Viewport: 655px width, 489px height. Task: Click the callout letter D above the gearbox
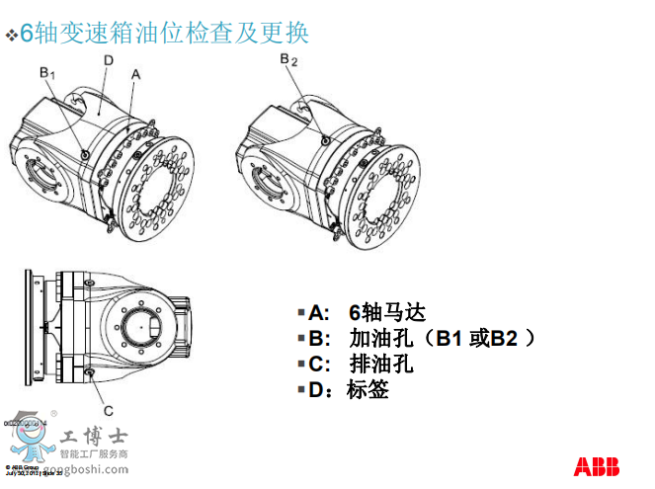point(108,60)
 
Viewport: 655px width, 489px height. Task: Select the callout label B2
point(288,61)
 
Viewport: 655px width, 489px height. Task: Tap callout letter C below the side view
point(108,410)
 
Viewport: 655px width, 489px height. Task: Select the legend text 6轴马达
point(387,312)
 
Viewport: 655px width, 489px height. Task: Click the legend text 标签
point(368,389)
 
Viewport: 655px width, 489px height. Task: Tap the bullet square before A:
point(301,312)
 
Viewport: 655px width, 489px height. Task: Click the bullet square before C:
point(301,364)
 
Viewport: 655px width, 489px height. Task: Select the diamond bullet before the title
point(12,37)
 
